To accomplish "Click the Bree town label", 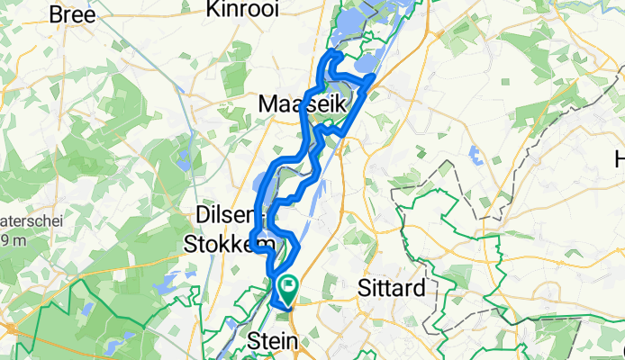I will pyautogui.click(x=72, y=14).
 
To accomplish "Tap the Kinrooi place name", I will pyautogui.click(x=242, y=9).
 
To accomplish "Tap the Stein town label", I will pyautogui.click(x=271, y=342).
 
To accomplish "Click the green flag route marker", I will pyautogui.click(x=289, y=288).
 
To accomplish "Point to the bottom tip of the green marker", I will pyautogui.click(x=289, y=304).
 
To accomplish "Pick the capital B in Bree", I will pyautogui.click(x=56, y=14).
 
